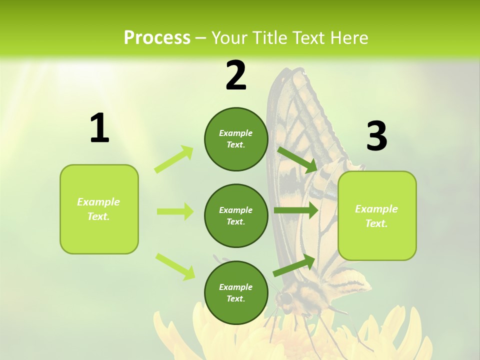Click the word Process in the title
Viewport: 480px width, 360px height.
pyautogui.click(x=157, y=37)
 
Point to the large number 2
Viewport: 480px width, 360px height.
pyautogui.click(x=236, y=75)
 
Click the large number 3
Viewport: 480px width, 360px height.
pyautogui.click(x=376, y=136)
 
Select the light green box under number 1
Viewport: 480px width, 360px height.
pyautogui.click(x=99, y=209)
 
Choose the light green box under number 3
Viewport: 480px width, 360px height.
pyautogui.click(x=377, y=215)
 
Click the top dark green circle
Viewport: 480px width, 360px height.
pyautogui.click(x=236, y=139)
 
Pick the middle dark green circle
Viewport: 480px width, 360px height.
pyautogui.click(x=236, y=215)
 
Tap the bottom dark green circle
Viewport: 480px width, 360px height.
pyautogui.click(x=236, y=292)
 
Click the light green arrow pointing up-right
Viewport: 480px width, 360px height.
pyautogui.click(x=174, y=159)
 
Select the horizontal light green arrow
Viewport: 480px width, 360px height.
pyautogui.click(x=175, y=211)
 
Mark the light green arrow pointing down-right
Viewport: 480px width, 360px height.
pyautogui.click(x=175, y=266)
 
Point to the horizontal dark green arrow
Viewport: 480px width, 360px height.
pyautogui.click(x=295, y=210)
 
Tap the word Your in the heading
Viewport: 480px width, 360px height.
pyautogui.click(x=228, y=37)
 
